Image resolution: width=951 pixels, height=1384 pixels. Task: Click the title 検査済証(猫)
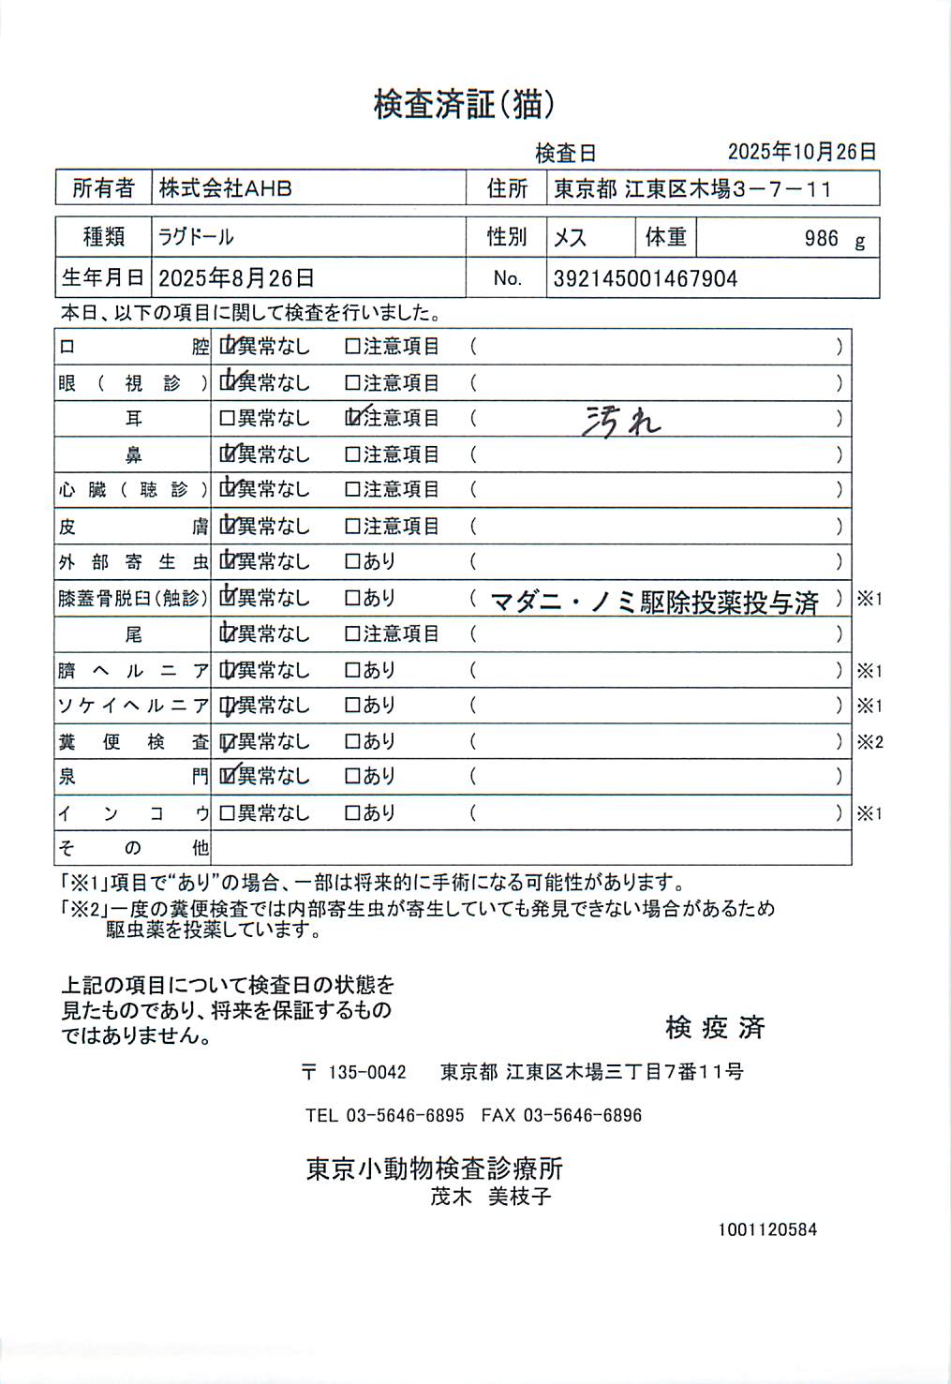(x=464, y=104)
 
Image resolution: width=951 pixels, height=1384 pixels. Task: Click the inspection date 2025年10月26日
(x=802, y=152)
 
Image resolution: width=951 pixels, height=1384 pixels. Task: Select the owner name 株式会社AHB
(x=225, y=188)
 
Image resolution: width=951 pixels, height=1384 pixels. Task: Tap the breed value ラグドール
(x=196, y=237)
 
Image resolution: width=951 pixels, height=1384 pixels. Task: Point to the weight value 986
(x=821, y=239)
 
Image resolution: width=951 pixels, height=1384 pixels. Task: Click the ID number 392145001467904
(x=646, y=278)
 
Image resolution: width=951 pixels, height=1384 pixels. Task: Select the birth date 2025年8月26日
(x=236, y=278)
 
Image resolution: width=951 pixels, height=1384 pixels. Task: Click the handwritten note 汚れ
(x=621, y=422)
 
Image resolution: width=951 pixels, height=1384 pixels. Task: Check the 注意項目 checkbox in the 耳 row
(x=353, y=418)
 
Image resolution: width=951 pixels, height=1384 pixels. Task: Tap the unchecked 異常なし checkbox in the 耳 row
(x=227, y=418)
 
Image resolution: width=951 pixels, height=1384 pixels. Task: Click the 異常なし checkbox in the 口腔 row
(x=227, y=347)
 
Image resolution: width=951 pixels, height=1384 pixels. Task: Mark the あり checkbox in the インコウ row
(x=353, y=813)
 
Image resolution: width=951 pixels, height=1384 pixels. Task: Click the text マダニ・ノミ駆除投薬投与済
(x=655, y=602)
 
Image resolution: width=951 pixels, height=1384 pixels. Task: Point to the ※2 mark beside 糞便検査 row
(x=869, y=742)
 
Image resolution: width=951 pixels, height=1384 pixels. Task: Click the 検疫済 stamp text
(x=715, y=1028)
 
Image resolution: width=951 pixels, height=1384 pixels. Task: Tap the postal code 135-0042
(x=367, y=1072)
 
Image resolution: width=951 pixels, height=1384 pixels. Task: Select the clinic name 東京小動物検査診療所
(x=435, y=1168)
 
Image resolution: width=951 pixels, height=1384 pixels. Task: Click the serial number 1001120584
(x=767, y=1229)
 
